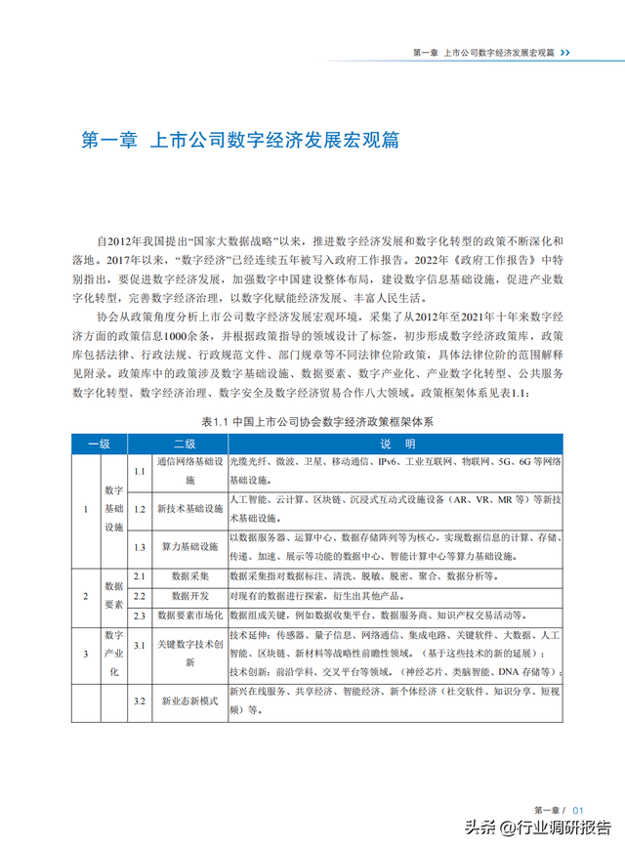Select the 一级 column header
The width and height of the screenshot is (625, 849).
(99, 443)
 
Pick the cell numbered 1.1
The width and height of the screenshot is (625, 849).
(139, 471)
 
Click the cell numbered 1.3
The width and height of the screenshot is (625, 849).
(139, 548)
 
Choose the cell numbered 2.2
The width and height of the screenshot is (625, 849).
(139, 595)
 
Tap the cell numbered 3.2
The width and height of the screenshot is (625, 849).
(139, 701)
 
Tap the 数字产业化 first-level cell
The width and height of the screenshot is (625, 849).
(113, 655)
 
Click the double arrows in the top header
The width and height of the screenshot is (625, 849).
(566, 52)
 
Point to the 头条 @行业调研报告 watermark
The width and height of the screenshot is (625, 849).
(537, 827)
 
